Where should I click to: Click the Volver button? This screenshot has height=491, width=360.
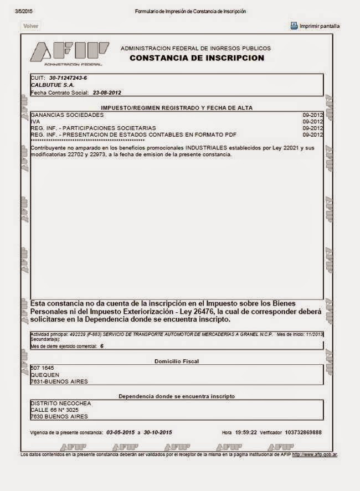[30, 26]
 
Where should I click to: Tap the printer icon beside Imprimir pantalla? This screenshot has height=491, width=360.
[294, 25]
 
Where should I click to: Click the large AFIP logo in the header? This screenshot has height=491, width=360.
[69, 53]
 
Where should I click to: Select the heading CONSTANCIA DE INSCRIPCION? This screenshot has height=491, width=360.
[197, 58]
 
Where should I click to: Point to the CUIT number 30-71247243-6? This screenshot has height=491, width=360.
[68, 78]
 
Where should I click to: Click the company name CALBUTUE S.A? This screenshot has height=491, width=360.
[53, 85]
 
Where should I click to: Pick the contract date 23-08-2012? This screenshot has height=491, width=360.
[107, 92]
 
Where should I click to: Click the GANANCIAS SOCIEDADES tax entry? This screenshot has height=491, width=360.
[67, 115]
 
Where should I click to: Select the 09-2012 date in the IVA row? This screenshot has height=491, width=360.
[312, 121]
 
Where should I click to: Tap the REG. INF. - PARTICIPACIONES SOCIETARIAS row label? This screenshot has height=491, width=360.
[93, 128]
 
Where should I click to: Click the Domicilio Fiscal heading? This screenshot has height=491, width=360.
[176, 361]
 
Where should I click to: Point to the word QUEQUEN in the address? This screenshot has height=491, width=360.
[45, 375]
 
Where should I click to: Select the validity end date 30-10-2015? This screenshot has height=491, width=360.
[158, 432]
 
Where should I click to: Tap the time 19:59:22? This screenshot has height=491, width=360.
[246, 432]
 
